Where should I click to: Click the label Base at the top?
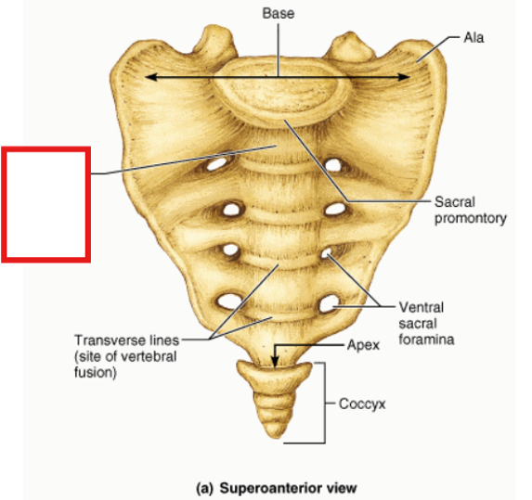coord(279,14)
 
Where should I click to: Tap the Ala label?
coord(474,38)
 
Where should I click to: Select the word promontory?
coord(471,219)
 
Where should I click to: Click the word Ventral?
coord(422,307)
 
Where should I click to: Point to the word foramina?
coord(426,340)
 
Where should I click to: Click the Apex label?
coord(363,345)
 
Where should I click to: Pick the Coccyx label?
coord(362,404)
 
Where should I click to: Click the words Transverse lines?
coord(126,340)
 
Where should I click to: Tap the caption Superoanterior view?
coord(288,488)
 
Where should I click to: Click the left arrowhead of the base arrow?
coord(151,77)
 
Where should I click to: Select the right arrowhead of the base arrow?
coord(404,77)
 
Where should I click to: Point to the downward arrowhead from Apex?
coord(275,362)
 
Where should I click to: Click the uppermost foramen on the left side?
coord(216,164)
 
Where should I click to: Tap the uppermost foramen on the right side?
coord(333,165)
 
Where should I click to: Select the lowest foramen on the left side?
coord(229,301)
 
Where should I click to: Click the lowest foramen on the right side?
coord(329,303)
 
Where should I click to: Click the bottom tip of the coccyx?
coord(277,437)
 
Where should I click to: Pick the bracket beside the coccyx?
coord(325,403)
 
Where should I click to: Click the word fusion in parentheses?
coord(96,373)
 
